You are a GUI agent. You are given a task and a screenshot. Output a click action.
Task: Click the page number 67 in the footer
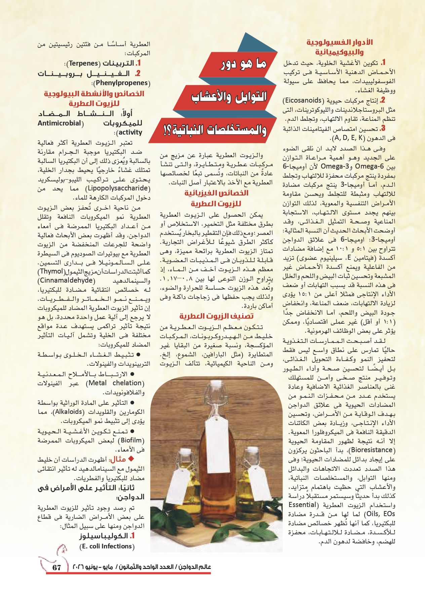(56, 567)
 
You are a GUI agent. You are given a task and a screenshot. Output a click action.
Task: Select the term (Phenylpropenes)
(121, 83)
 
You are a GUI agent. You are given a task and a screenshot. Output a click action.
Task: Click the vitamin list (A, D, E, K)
(348, 138)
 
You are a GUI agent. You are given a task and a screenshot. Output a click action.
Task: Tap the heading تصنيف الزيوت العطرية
(216, 316)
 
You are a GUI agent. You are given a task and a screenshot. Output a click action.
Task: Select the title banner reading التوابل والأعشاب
(229, 97)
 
